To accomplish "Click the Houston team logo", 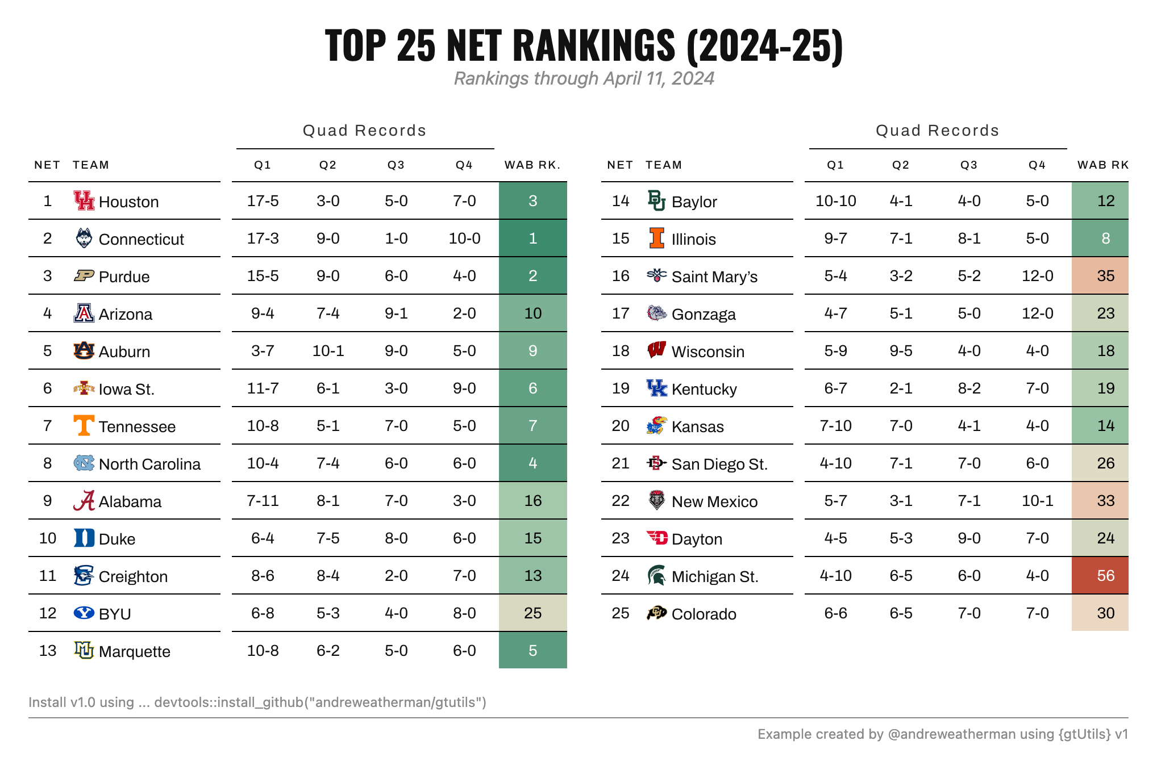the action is point(84,200).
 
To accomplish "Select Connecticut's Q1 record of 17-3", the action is point(263,238).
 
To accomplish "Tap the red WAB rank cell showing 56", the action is point(1100,576).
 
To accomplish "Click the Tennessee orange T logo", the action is point(84,425).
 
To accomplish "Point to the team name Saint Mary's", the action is point(714,277).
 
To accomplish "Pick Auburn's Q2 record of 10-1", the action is point(328,351).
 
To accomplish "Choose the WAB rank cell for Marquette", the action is point(532,650).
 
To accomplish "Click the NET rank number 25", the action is point(621,613).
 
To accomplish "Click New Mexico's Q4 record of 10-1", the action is point(1037,501).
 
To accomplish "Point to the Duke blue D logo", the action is point(84,538).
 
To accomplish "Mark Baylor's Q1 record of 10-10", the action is point(835,201).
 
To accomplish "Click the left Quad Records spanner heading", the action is point(364,131).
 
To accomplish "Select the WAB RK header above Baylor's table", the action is point(1103,165).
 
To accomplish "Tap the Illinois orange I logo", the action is point(657,238).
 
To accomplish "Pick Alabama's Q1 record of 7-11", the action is point(263,501).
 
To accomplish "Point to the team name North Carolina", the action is point(149,464).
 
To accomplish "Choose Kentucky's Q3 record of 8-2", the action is point(969,388).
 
